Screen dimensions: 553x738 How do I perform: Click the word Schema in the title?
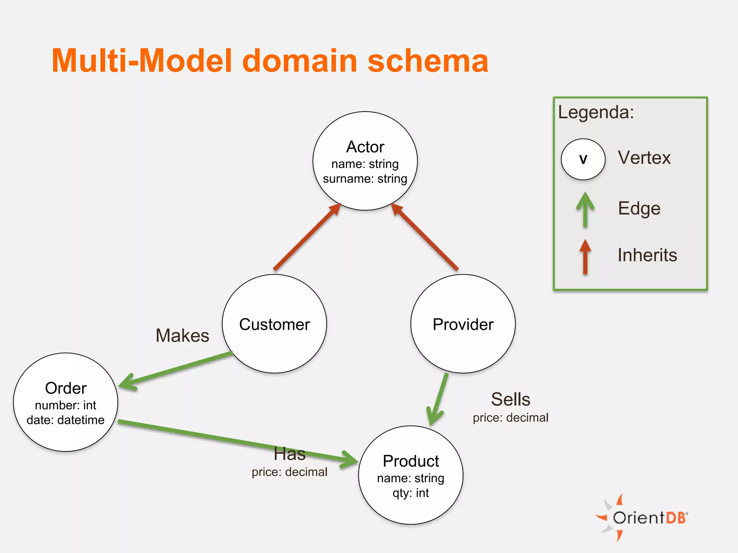428,61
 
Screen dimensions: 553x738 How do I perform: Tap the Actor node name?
365,147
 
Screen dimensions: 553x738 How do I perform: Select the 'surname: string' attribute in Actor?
365,179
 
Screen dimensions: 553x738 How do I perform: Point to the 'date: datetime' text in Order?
66,420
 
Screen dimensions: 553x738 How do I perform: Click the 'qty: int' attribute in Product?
410,493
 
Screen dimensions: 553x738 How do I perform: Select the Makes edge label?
182,336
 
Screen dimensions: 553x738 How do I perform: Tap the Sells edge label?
510,399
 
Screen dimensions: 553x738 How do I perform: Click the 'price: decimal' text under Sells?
510,418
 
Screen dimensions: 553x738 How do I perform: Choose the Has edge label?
289,454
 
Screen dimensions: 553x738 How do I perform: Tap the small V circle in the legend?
583,159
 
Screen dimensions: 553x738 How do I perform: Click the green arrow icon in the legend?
585,210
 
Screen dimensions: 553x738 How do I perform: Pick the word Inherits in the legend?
647,255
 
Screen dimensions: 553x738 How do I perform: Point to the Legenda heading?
596,112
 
